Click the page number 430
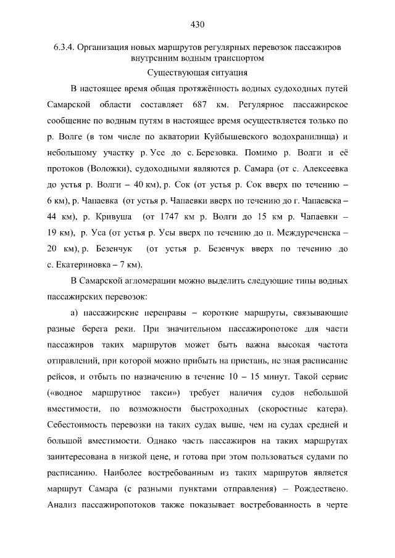197,25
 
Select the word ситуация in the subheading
226,72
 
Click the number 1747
170,216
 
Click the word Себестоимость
80,425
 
